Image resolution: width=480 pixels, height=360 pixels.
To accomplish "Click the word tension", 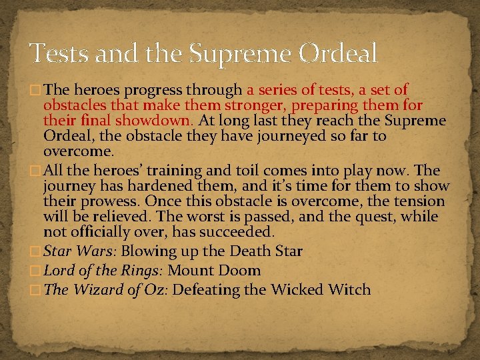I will (x=417, y=201).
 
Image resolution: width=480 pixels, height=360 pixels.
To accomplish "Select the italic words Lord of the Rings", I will (x=103, y=271).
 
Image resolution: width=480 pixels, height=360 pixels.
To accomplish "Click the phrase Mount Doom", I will (x=214, y=271).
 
